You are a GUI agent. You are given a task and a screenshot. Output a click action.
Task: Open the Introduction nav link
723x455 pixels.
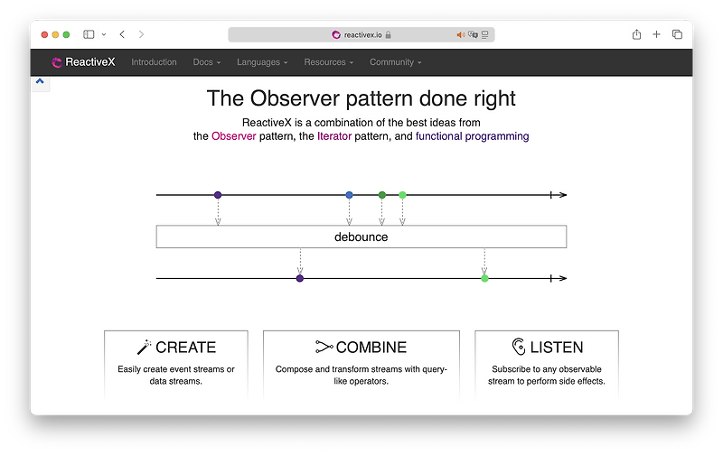coord(154,62)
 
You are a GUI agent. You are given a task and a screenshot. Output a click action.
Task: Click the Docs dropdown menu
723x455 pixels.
coord(207,62)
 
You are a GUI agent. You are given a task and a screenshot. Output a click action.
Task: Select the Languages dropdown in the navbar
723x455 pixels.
coord(262,62)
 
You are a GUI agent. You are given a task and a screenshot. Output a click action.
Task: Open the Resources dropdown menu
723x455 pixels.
coord(328,62)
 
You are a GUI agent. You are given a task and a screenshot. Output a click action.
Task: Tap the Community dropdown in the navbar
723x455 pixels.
coord(395,62)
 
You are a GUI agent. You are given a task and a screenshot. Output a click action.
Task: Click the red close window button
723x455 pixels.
coord(42,34)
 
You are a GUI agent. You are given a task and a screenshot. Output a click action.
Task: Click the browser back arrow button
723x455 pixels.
coord(122,34)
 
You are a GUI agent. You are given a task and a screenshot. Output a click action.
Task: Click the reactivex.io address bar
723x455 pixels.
coord(361,34)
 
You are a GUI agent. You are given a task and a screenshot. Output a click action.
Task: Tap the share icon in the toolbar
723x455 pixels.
coord(636,34)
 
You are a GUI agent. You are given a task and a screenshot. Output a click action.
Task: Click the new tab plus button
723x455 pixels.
coord(657,34)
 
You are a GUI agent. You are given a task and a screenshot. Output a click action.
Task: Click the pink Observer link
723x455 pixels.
coord(233,136)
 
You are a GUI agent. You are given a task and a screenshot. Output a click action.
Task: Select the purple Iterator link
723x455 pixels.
coord(333,136)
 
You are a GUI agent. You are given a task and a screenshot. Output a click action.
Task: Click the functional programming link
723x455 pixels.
coord(472,136)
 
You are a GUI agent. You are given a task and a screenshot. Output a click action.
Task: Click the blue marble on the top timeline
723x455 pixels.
coord(350,195)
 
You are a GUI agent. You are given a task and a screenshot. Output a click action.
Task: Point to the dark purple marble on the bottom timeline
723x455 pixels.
coord(300,278)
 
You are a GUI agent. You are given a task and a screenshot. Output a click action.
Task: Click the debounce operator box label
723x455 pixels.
coord(361,237)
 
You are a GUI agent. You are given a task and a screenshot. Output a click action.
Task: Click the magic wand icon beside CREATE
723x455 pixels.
coord(144,347)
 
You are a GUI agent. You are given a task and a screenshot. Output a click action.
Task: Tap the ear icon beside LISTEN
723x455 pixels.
coord(518,347)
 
